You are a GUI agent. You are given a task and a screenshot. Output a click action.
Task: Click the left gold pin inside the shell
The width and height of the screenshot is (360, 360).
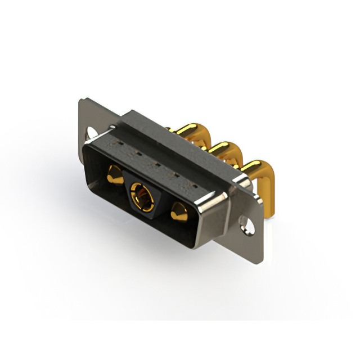click(x=114, y=175)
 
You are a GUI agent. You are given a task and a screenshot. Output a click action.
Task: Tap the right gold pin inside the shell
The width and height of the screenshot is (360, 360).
click(x=179, y=213)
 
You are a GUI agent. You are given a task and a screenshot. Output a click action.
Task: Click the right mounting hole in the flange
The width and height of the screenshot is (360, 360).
click(x=245, y=225)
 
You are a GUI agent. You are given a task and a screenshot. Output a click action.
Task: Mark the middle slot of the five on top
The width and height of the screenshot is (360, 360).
click(x=155, y=165)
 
